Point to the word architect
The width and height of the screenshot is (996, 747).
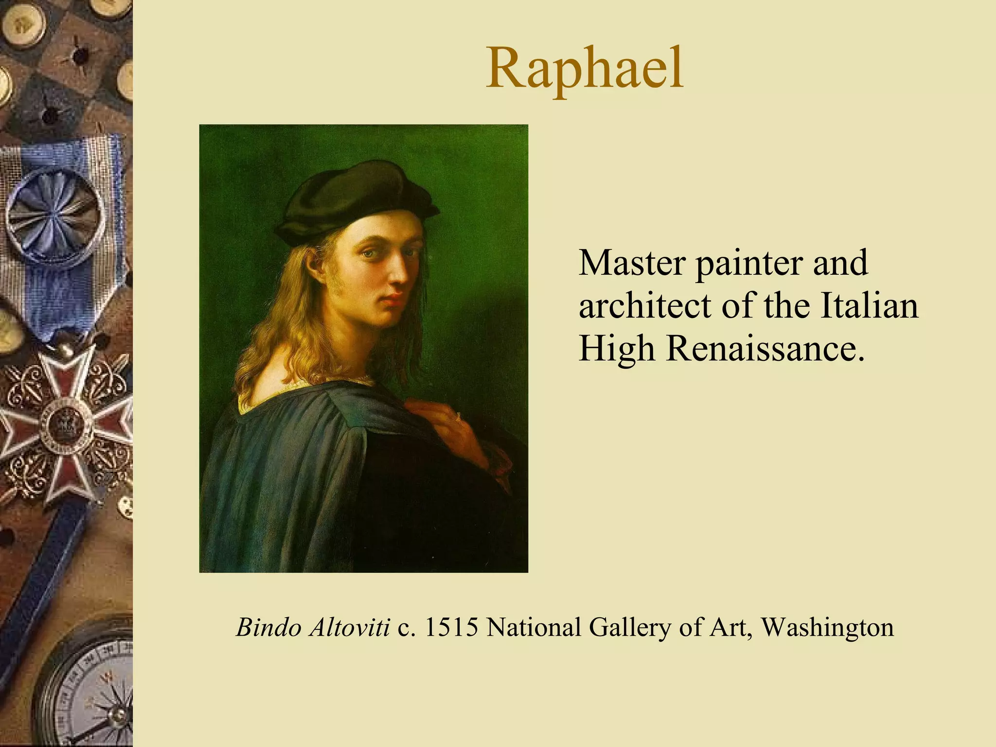click(x=646, y=306)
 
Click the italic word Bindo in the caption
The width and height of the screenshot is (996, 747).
click(x=268, y=627)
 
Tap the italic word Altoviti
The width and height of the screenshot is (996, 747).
click(x=349, y=627)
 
